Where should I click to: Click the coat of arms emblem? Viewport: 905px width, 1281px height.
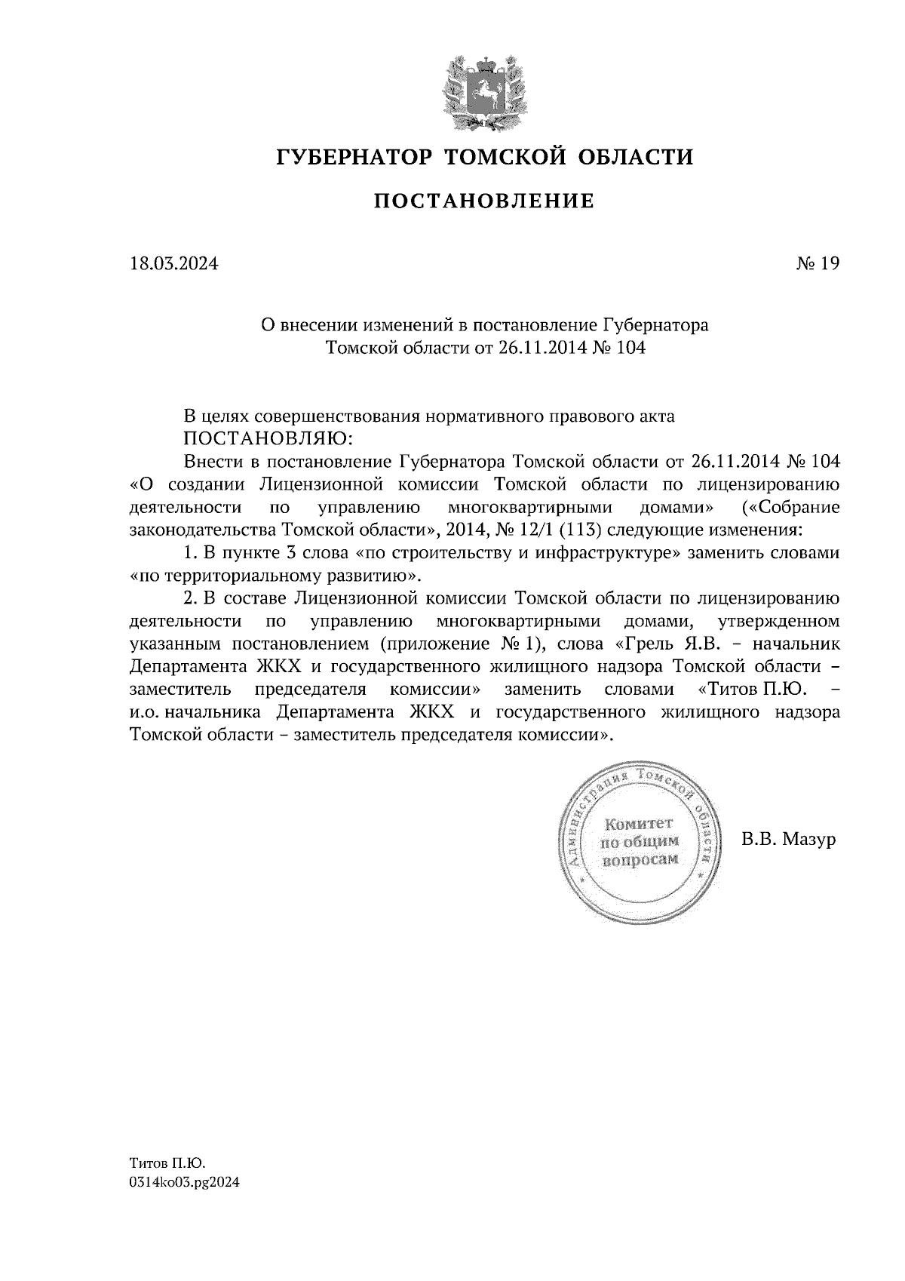tap(484, 92)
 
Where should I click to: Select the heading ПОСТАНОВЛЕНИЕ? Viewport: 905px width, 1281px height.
tap(484, 201)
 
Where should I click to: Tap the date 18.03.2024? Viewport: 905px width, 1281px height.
tap(173, 264)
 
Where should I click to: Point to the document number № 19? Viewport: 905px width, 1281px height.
tap(817, 264)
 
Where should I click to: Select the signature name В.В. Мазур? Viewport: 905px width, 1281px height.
tap(789, 839)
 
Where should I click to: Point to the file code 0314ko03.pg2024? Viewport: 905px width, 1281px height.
tap(184, 1183)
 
